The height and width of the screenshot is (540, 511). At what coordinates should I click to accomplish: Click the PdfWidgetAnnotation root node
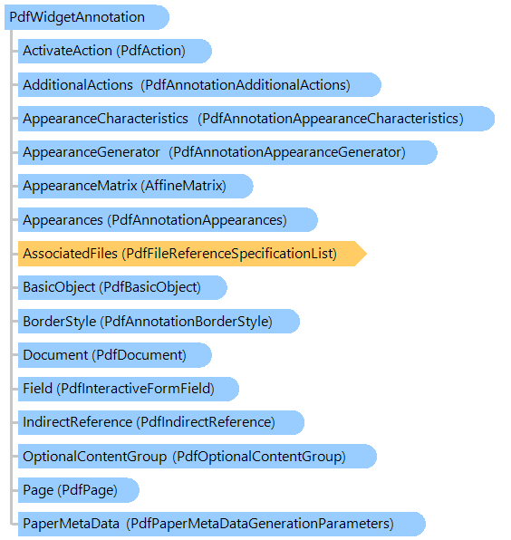(x=87, y=17)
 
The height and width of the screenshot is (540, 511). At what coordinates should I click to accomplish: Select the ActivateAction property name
(x=67, y=51)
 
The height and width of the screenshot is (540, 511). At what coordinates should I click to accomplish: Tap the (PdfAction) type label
(x=150, y=51)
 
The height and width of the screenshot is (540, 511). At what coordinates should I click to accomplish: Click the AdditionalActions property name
(x=78, y=85)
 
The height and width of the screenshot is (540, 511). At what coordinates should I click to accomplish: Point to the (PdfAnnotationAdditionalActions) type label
(x=246, y=85)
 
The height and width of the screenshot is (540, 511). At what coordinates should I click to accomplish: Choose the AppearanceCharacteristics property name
(x=105, y=119)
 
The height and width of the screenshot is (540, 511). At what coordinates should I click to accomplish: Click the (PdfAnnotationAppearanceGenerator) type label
(x=287, y=152)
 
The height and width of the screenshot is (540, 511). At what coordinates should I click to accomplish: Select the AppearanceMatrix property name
(x=80, y=186)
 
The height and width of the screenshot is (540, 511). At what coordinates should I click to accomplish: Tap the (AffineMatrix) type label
(x=184, y=186)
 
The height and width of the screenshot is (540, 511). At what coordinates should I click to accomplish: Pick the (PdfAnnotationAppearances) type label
(x=197, y=220)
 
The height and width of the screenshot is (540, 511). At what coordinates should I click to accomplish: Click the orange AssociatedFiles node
(x=192, y=254)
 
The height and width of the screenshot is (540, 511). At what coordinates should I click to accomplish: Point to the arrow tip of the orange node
(x=367, y=254)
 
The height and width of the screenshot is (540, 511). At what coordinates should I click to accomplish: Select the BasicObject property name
(x=59, y=287)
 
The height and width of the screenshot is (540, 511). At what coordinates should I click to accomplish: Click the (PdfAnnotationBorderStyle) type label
(x=187, y=322)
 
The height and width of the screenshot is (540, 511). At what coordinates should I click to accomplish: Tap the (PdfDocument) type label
(x=140, y=355)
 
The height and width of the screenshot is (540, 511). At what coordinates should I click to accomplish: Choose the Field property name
(x=37, y=389)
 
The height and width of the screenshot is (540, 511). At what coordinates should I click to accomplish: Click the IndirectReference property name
(x=78, y=422)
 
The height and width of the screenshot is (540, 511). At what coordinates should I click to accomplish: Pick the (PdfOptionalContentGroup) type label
(x=259, y=457)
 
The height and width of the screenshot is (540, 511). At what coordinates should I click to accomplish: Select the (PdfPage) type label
(x=88, y=490)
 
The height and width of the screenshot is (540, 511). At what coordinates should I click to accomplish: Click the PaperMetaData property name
(x=71, y=524)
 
